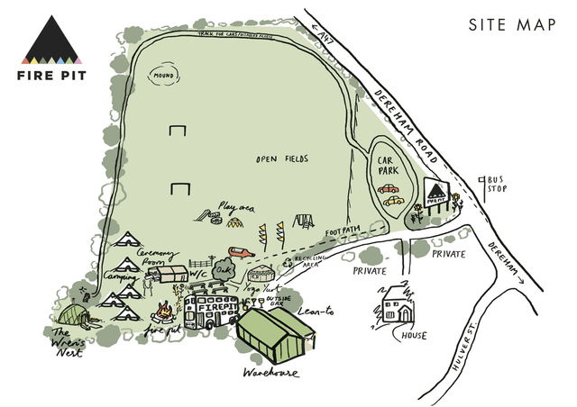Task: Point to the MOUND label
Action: click(x=164, y=76)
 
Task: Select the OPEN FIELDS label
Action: click(x=281, y=159)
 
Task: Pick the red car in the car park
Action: click(x=389, y=189)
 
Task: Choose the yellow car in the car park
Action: click(x=393, y=202)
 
